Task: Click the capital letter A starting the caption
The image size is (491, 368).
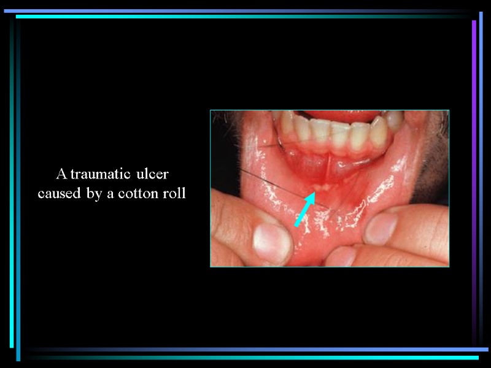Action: click(x=60, y=174)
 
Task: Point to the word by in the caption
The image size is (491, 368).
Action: click(x=95, y=195)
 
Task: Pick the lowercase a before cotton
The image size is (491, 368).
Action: click(x=113, y=195)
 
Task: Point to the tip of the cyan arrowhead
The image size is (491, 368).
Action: click(x=313, y=193)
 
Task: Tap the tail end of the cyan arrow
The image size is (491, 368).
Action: click(x=296, y=225)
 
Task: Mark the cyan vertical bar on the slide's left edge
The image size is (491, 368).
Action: click(x=18, y=184)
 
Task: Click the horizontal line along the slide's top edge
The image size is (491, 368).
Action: click(x=245, y=13)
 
